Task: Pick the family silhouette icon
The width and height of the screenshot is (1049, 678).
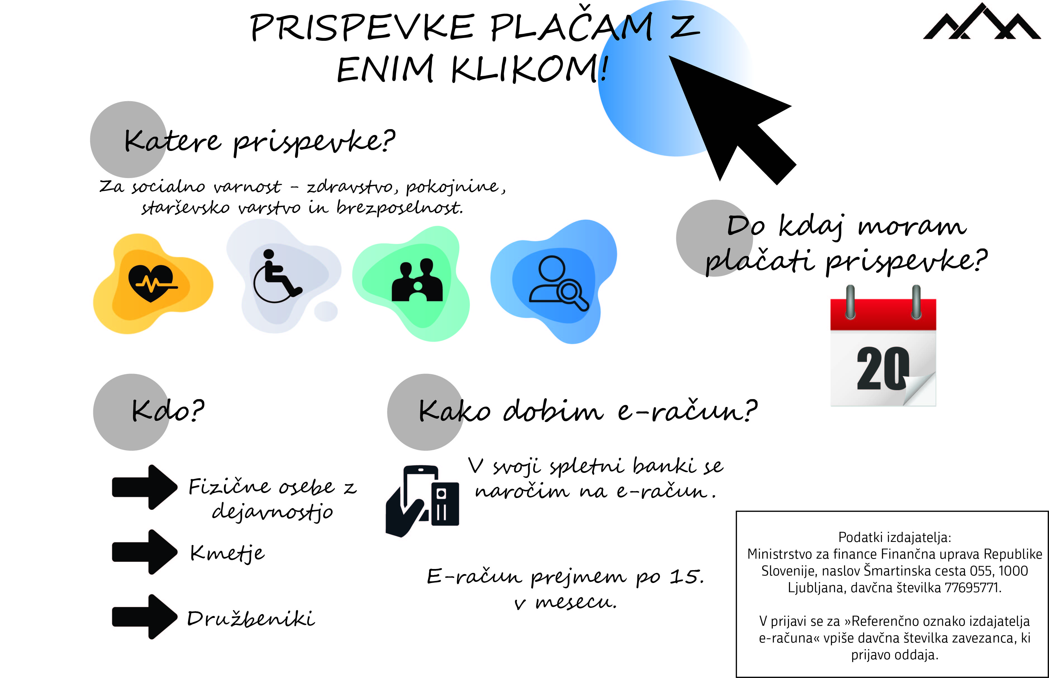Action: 417,280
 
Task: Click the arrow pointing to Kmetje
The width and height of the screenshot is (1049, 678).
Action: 145,552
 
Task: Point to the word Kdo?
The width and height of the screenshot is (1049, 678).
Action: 168,410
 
